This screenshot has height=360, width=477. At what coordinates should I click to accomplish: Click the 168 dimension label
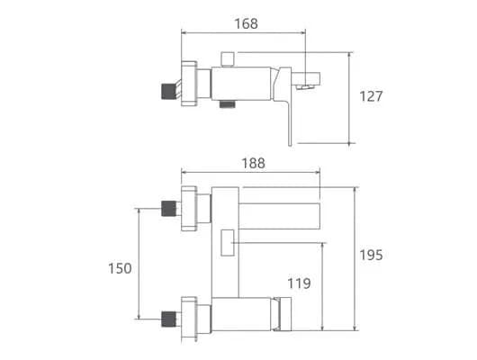pyautogui.click(x=246, y=23)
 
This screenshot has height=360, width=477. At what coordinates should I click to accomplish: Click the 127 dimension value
pyautogui.click(x=371, y=96)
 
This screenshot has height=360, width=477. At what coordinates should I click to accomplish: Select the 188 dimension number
pyautogui.click(x=253, y=164)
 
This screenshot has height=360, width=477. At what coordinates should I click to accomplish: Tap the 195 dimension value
pyautogui.click(x=371, y=255)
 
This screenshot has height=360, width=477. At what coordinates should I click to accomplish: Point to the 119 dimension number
pyautogui.click(x=300, y=283)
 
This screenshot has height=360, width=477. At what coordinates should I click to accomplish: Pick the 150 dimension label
pyautogui.click(x=120, y=268)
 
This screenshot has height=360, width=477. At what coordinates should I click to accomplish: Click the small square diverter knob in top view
pyautogui.click(x=228, y=59)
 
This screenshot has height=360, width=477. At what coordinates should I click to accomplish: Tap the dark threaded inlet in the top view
pyautogui.click(x=168, y=92)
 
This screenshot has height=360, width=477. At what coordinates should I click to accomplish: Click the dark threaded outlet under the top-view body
pyautogui.click(x=228, y=104)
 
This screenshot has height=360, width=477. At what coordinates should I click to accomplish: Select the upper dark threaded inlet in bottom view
pyautogui.click(x=168, y=209)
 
